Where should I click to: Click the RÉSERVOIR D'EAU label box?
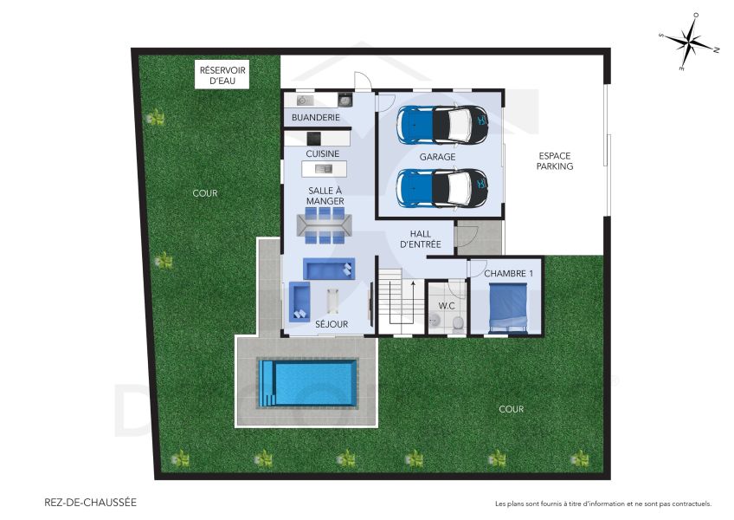coord(223,75)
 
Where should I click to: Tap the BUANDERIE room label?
coord(315,117)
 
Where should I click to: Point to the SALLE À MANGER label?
coord(324,195)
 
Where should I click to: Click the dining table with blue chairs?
coord(325,224)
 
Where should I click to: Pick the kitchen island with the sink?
coord(324,168)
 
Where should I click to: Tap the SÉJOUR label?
coord(331,324)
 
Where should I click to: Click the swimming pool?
coord(308,384)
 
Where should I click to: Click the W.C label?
coord(447,306)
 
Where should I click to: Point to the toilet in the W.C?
coord(458,323)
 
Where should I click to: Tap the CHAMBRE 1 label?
coord(508,274)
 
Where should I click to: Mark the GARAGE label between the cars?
coord(437,158)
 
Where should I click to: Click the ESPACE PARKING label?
coord(555,160)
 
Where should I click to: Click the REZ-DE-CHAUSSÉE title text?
coord(90,502)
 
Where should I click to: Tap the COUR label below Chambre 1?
coord(511,409)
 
